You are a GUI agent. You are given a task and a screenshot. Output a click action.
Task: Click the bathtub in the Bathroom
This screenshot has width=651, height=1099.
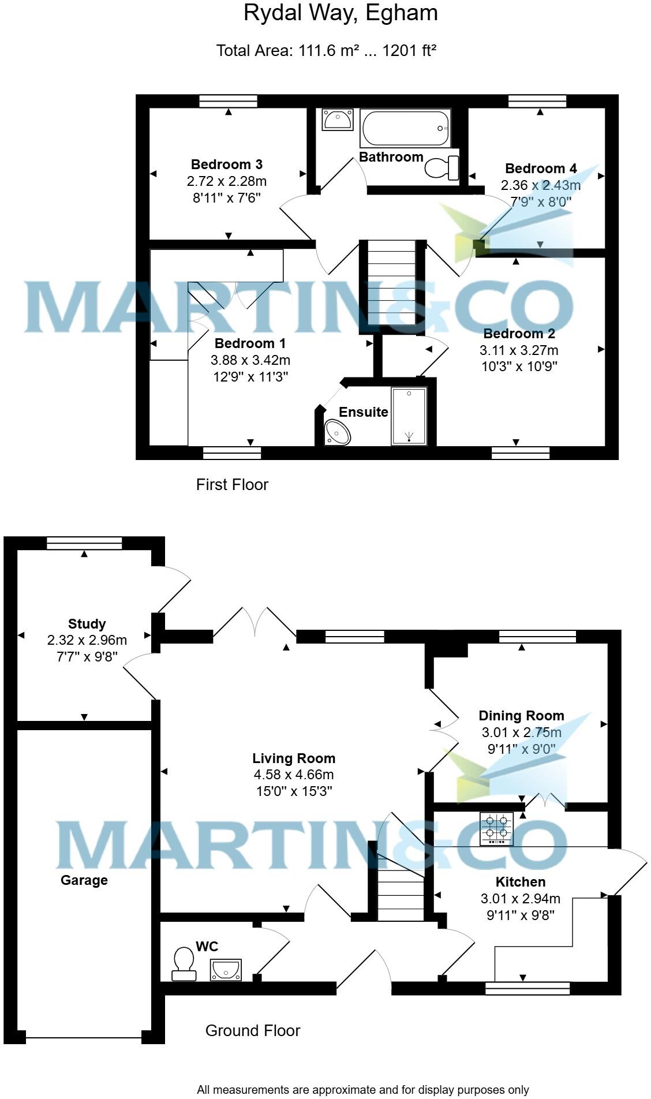(x=405, y=128)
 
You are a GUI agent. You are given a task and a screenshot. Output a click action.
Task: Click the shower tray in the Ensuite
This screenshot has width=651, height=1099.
(x=409, y=416)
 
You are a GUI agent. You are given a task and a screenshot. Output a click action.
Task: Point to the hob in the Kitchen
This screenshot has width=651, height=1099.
(x=496, y=829)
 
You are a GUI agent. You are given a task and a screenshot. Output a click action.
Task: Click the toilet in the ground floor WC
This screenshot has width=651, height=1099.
(x=184, y=963)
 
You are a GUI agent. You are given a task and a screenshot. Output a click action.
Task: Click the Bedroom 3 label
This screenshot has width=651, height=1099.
(x=227, y=165)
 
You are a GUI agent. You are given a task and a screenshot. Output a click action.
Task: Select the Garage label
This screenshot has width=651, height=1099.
(x=84, y=880)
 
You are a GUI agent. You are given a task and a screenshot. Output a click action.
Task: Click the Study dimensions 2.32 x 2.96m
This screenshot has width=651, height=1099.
(x=87, y=640)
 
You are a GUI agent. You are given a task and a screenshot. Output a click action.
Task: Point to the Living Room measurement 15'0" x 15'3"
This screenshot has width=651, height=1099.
(x=294, y=791)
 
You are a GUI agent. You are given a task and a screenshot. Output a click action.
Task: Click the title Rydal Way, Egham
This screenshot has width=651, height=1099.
(x=341, y=13)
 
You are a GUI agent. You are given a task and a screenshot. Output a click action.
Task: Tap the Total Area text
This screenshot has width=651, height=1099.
(x=326, y=51)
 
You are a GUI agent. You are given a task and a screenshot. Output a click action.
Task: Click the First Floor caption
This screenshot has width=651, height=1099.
(x=232, y=484)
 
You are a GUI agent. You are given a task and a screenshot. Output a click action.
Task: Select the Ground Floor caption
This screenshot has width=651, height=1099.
(x=253, y=1030)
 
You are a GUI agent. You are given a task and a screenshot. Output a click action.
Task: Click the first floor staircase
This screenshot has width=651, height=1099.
(x=392, y=284)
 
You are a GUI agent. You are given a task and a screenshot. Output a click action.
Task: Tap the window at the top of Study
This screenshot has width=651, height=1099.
(x=85, y=543)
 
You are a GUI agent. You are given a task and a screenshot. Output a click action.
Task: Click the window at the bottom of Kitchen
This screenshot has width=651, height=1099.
(x=527, y=989)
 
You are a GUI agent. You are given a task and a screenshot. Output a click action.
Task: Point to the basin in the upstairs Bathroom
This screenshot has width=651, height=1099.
(x=337, y=120)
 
